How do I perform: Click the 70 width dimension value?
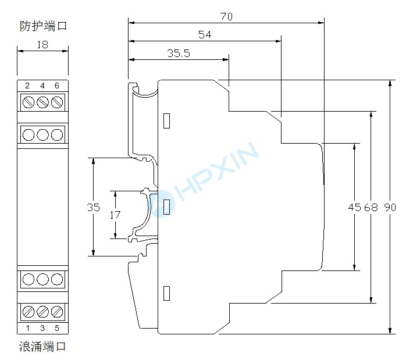click(x=226, y=16)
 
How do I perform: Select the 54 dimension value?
click(x=205, y=34)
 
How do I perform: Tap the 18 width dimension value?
click(x=42, y=44)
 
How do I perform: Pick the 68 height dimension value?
click(x=371, y=208)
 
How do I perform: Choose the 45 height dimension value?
click(x=354, y=208)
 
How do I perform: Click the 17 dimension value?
click(x=115, y=214)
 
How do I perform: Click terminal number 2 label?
click(x=27, y=86)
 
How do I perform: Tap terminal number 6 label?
click(x=56, y=86)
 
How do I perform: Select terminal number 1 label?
click(x=27, y=328)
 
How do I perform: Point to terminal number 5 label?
click(x=56, y=328)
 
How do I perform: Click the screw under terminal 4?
click(x=42, y=103)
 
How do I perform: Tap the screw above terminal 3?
click(x=42, y=311)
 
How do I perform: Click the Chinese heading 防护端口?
click(x=42, y=26)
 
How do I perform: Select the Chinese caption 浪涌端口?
click(x=42, y=347)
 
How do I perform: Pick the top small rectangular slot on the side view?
click(x=166, y=120)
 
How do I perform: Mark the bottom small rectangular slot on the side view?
click(x=166, y=293)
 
